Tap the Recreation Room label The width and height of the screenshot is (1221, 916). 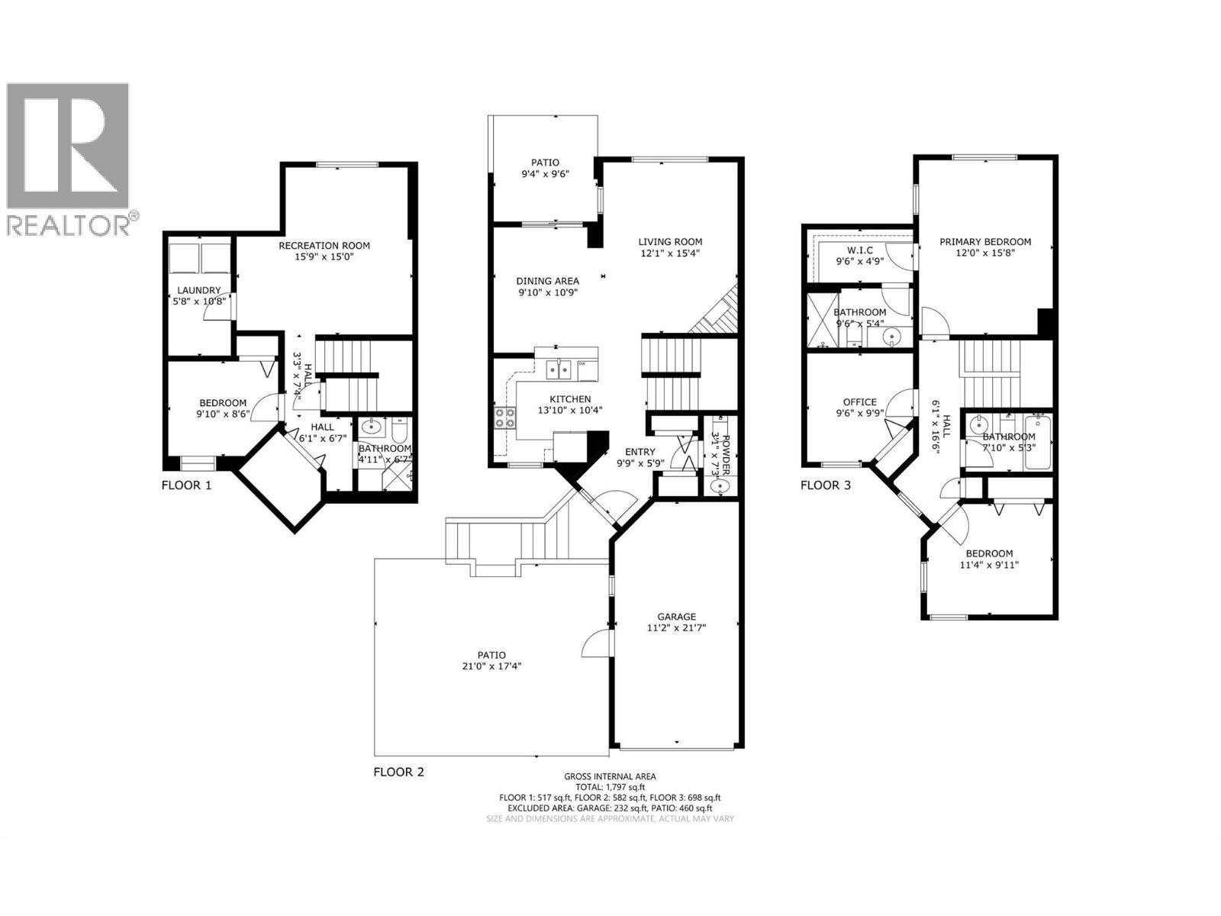click(x=324, y=246)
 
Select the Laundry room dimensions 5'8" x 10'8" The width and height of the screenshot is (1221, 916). click(x=200, y=302)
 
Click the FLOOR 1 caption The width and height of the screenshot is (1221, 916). click(x=186, y=485)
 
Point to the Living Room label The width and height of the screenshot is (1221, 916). click(x=670, y=242)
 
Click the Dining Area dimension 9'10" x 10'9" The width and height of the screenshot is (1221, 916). click(x=547, y=292)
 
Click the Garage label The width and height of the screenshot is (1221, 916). click(x=677, y=617)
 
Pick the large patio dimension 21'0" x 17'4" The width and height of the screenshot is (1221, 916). click(x=492, y=666)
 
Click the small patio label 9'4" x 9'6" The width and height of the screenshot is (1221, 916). click(x=545, y=174)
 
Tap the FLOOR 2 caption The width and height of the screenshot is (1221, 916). click(x=398, y=772)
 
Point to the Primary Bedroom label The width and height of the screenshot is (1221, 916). click(x=985, y=242)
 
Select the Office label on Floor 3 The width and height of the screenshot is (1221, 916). click(x=860, y=402)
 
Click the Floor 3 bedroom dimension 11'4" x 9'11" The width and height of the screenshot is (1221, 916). click(x=989, y=566)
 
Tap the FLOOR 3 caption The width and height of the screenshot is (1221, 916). click(x=825, y=485)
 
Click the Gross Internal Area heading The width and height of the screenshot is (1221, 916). click(x=610, y=776)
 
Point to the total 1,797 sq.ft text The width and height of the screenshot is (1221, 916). click(x=610, y=787)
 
